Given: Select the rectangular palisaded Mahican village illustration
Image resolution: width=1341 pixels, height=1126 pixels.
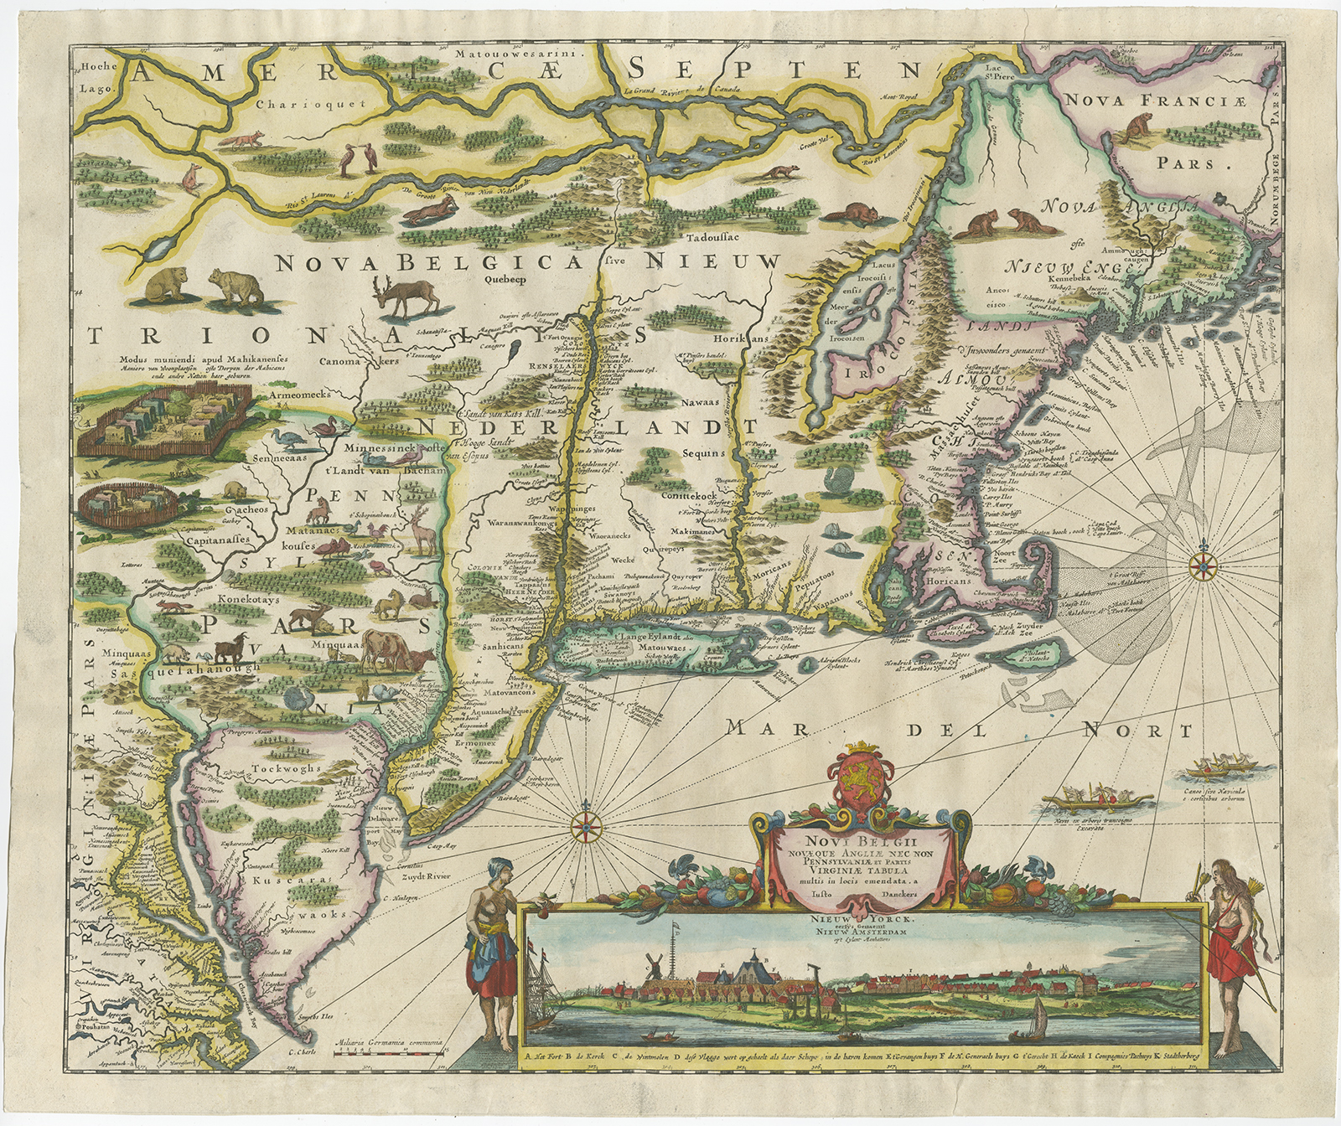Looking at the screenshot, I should pyautogui.click(x=161, y=421).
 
